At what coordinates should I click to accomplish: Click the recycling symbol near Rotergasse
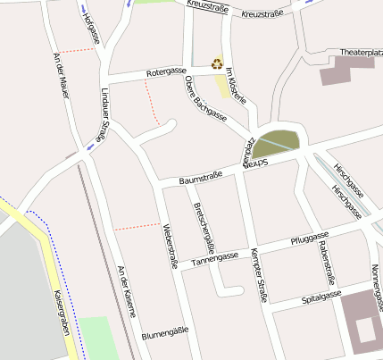click(x=216, y=63)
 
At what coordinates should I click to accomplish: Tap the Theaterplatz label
click(x=361, y=53)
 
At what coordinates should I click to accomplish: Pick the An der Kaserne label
click(x=127, y=290)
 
